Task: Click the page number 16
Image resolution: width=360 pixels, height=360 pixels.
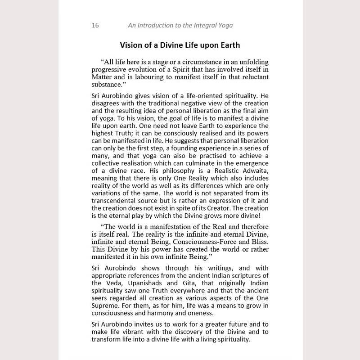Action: click(95, 25)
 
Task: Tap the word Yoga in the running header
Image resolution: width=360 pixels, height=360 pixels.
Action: click(224, 25)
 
